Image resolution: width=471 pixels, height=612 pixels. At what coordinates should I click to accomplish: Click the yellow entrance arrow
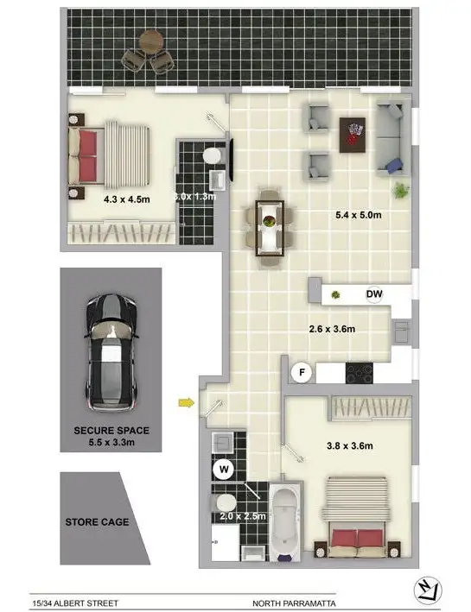click(185, 401)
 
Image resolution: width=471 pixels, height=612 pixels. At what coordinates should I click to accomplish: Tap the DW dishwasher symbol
click(374, 295)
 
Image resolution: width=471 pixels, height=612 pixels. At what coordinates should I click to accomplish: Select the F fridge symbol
click(302, 373)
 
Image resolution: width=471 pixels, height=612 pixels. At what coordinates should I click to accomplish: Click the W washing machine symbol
click(223, 470)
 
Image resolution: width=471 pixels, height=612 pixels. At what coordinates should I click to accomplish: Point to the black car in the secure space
click(111, 352)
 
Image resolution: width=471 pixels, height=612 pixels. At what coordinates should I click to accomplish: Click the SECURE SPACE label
click(111, 431)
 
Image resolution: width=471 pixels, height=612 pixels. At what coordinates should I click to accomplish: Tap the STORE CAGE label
click(97, 521)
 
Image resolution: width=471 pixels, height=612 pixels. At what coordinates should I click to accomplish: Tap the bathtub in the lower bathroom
click(284, 521)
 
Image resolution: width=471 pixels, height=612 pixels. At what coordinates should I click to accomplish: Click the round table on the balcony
click(152, 40)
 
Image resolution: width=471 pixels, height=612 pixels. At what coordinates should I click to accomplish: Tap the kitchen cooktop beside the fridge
click(359, 373)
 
